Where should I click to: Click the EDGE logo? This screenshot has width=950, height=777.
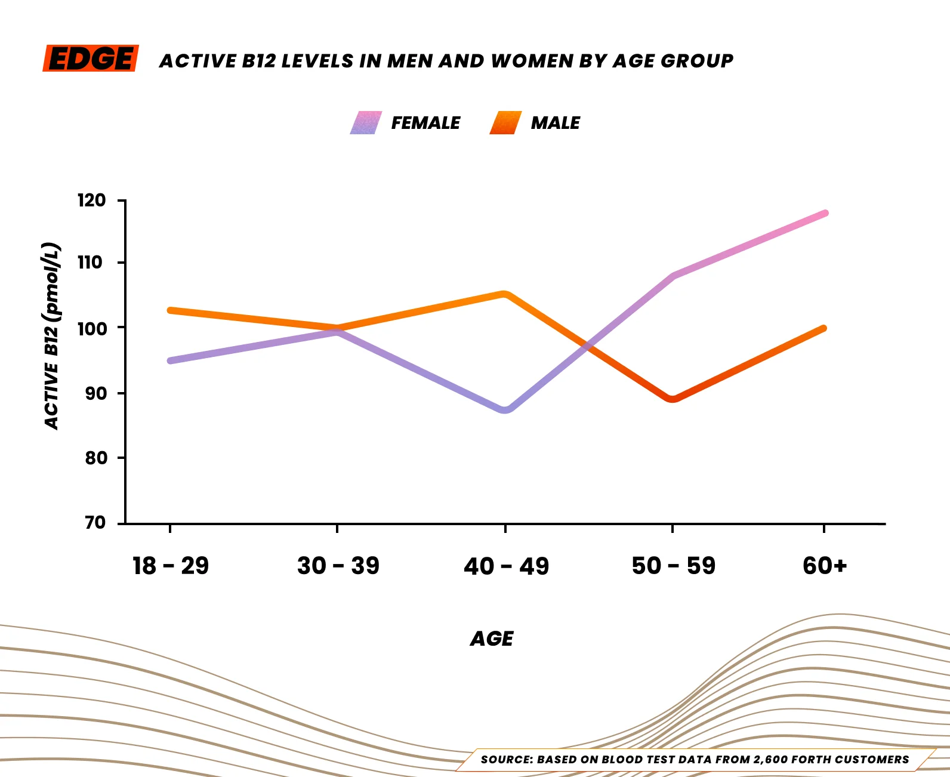point(91,58)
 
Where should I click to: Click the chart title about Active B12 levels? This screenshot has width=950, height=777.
point(446,61)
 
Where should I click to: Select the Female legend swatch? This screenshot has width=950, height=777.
point(366,122)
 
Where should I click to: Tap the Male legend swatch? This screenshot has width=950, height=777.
point(505,122)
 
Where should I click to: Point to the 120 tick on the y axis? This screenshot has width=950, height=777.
point(91,201)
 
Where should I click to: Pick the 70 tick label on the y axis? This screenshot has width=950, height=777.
point(95,523)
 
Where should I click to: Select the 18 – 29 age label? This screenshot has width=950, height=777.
point(171,566)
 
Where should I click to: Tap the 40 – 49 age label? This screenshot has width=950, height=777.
point(506,566)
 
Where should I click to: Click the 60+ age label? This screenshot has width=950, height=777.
point(825,566)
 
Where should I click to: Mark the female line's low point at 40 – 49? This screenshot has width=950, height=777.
point(505,409)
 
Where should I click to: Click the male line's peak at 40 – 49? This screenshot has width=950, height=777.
point(505,294)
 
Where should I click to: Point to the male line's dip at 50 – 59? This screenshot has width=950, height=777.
point(673,399)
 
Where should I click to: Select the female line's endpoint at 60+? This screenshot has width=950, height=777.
point(825,213)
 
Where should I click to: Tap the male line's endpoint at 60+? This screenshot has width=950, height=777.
point(823,328)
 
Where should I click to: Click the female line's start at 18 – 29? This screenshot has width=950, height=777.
point(171,360)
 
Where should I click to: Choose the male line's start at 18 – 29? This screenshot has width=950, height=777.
point(171,310)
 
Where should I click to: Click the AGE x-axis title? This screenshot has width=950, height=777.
point(492,639)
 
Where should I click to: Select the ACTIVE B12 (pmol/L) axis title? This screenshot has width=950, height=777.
point(53,335)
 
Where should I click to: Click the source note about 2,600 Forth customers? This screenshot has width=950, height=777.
point(695,760)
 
